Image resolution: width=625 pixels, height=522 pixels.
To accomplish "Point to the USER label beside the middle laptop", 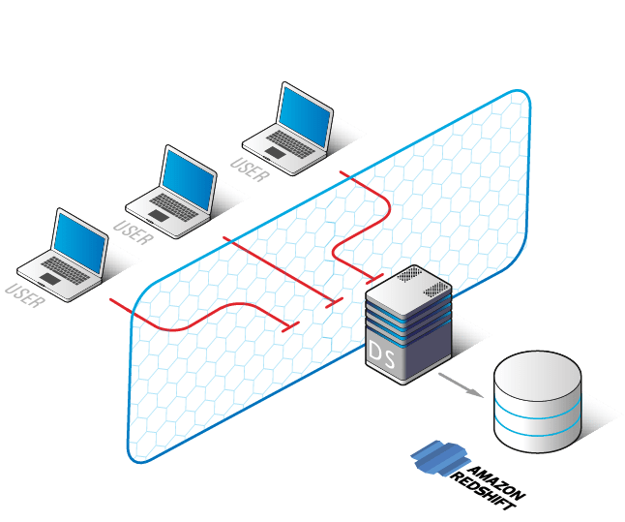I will coord(133,232).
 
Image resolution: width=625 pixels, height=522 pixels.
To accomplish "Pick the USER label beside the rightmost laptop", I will coord(251,167).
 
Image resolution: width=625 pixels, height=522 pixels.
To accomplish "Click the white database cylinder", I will coord(537,402).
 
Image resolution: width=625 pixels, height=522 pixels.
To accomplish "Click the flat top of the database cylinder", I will coord(537,372).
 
